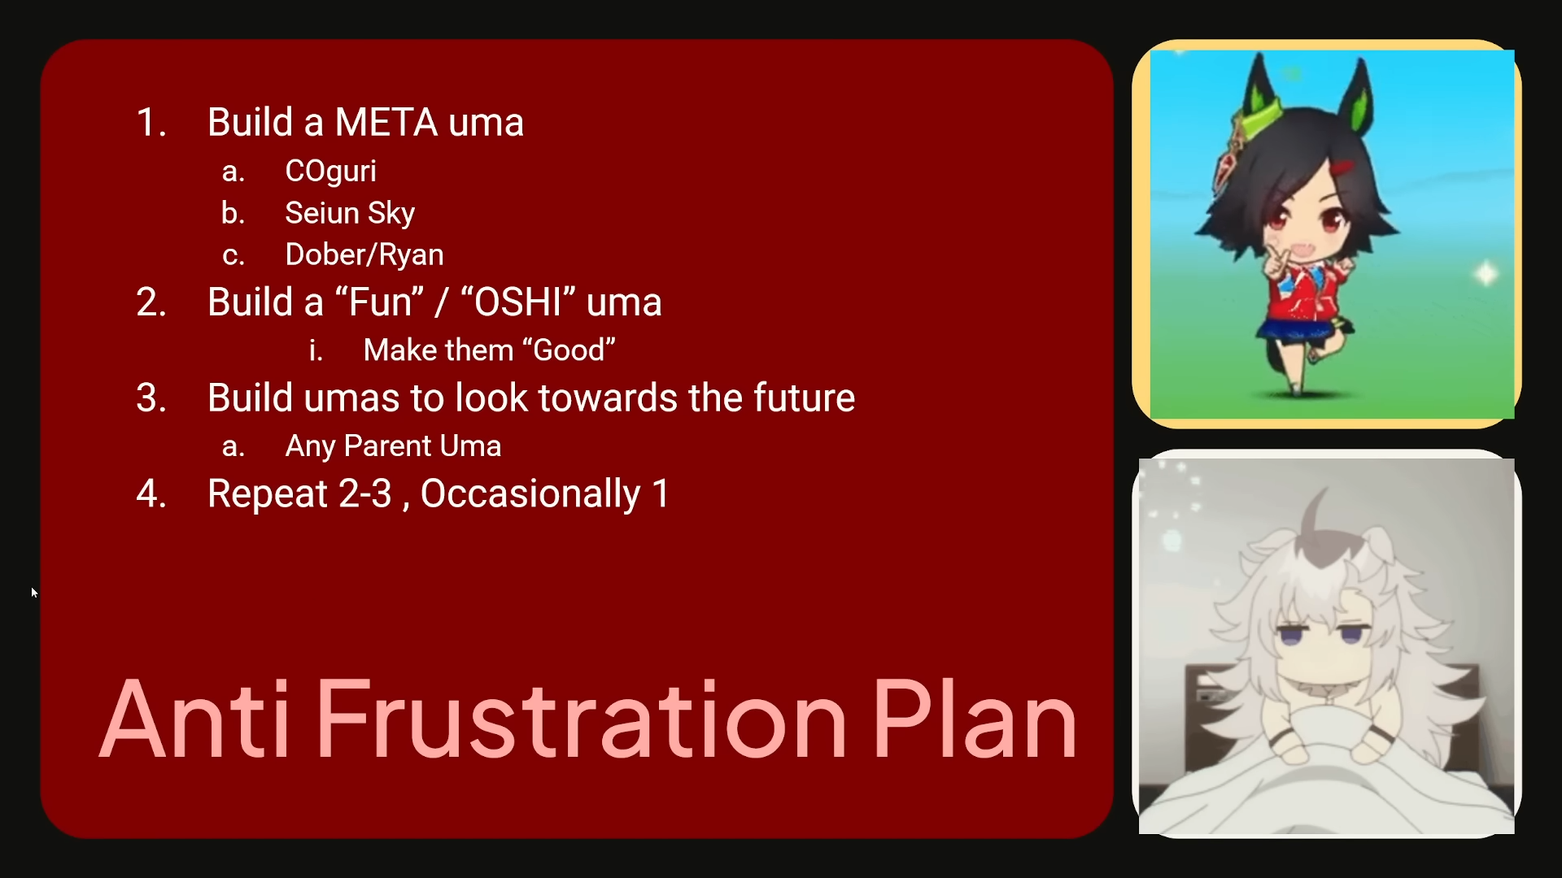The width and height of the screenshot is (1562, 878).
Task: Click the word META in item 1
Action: click(x=386, y=123)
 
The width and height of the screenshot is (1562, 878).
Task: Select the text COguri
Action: click(x=330, y=172)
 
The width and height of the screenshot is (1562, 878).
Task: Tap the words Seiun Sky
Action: click(x=350, y=213)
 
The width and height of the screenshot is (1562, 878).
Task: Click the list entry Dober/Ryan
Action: click(x=364, y=255)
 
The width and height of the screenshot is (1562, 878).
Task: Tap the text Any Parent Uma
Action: click(x=393, y=446)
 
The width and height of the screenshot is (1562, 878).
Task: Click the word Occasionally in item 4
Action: click(x=530, y=494)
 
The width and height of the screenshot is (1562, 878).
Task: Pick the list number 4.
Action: click(x=151, y=494)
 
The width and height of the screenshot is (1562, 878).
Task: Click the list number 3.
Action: click(x=151, y=398)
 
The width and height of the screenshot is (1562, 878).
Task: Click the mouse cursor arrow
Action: click(x=34, y=593)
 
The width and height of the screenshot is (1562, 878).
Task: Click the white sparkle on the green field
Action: click(x=1486, y=273)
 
